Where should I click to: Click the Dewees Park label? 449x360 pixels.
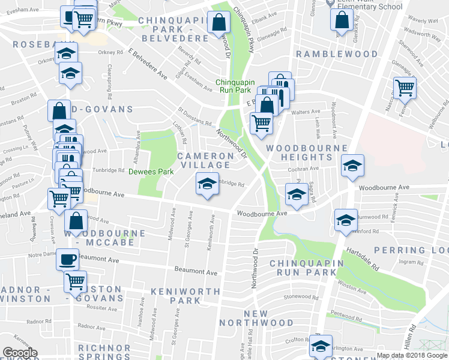point(151,172)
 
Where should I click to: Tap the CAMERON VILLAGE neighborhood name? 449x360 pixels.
point(205,160)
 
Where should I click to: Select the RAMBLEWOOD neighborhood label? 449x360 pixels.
point(336,54)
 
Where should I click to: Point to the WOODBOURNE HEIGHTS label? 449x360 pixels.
point(306,152)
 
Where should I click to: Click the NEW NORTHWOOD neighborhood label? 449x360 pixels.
point(268,319)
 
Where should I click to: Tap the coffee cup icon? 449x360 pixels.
point(67,259)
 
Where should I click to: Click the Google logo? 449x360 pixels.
point(20,353)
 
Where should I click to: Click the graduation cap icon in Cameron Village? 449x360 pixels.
point(206,183)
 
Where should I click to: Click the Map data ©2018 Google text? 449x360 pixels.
point(412,355)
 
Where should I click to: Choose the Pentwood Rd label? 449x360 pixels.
point(343,314)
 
